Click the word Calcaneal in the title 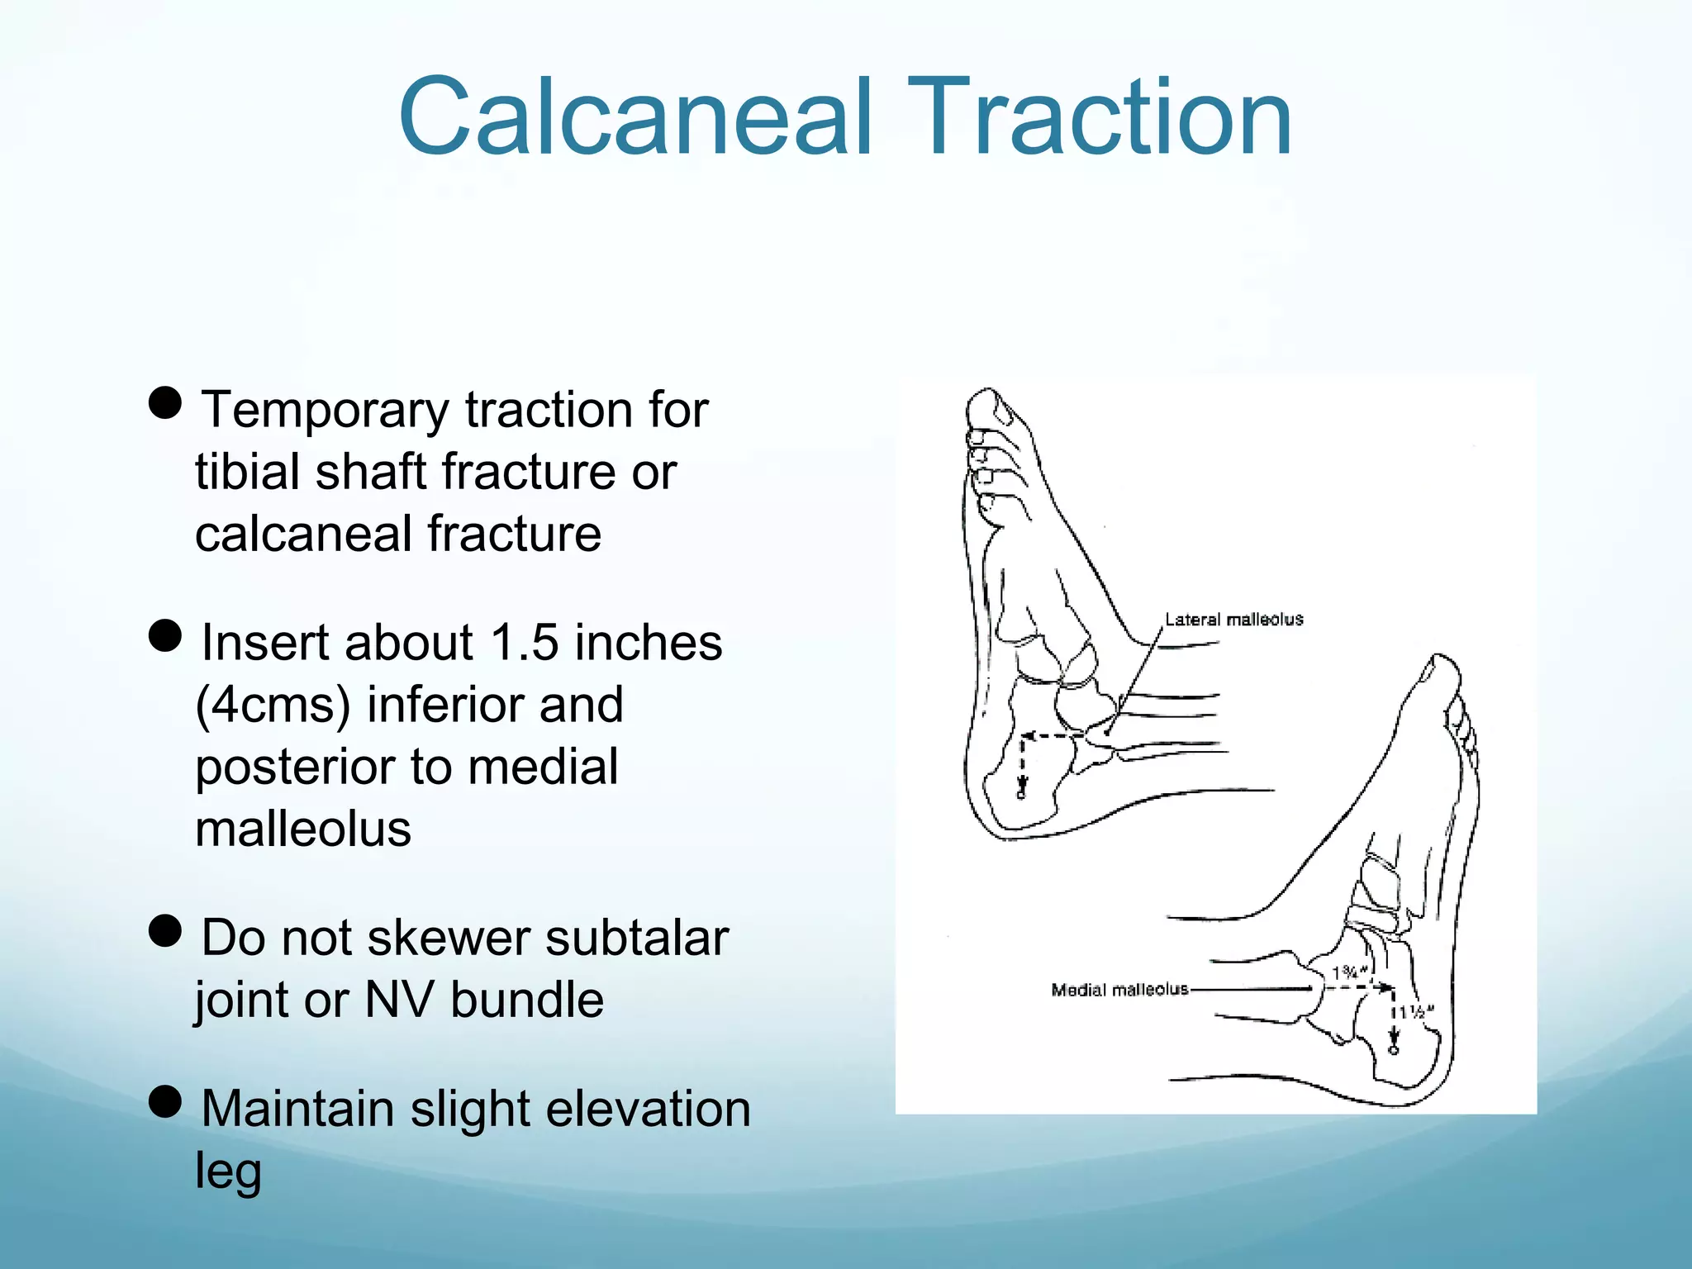634,116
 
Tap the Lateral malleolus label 1233,620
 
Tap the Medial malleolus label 1119,989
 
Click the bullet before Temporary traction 165,403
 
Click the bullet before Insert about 165,636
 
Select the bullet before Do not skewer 165,930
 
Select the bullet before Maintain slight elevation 165,1101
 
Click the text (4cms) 273,706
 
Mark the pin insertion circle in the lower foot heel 1394,1050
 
